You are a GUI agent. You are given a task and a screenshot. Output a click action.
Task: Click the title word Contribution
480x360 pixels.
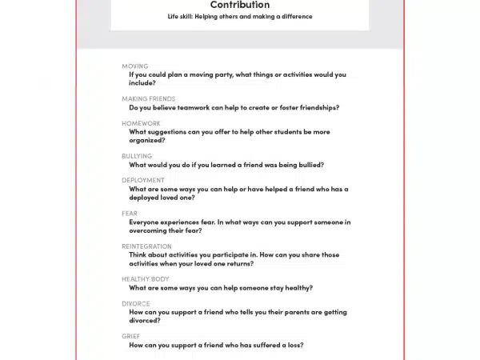coord(239,5)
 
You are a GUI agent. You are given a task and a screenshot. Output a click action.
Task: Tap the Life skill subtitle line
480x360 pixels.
coord(239,17)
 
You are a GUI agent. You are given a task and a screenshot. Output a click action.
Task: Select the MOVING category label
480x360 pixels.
coord(134,66)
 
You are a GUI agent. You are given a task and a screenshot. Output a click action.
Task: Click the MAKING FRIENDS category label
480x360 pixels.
coord(148,98)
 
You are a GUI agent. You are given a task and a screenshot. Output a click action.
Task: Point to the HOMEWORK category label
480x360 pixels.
coord(141,123)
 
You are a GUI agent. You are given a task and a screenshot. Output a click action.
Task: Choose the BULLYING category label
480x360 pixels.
coord(137,156)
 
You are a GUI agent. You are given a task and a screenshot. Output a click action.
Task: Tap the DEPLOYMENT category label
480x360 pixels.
coord(143,180)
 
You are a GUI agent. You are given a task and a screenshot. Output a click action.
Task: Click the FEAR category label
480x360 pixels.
coord(130,214)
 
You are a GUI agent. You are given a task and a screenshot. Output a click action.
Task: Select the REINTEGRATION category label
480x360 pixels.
coord(146,246)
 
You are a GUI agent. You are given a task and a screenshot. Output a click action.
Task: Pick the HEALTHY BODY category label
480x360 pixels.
coord(146,279)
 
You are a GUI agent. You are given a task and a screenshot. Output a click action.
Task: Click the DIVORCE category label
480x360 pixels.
coord(136,304)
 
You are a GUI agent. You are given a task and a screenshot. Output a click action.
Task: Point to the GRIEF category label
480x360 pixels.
coord(131,337)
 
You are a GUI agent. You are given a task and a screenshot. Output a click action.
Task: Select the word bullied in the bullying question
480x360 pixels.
coord(306,165)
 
